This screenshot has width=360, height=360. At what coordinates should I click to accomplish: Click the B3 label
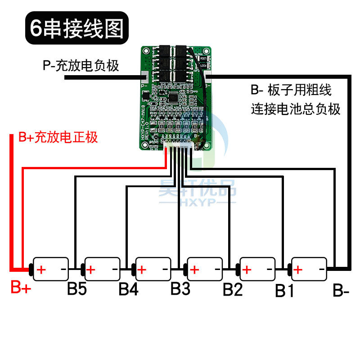(180, 289)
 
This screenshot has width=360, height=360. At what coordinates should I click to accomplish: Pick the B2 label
(233, 289)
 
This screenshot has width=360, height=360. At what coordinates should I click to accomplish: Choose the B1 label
(284, 291)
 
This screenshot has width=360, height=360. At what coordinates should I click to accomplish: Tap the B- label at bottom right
(341, 290)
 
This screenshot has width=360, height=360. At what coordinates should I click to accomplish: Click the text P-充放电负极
(81, 66)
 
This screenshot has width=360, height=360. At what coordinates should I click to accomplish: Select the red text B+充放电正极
(58, 137)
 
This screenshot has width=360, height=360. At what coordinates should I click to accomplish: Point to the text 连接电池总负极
(296, 109)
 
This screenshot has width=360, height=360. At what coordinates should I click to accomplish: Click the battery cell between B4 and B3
(153, 270)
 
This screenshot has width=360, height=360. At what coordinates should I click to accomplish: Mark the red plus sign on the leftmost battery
(41, 270)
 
